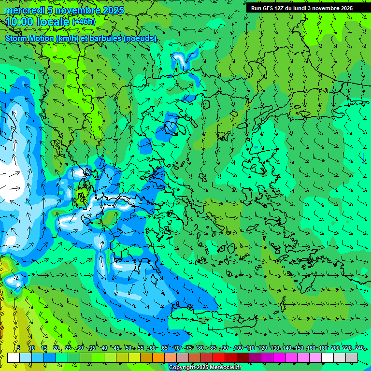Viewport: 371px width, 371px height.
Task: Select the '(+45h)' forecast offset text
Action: point(84,22)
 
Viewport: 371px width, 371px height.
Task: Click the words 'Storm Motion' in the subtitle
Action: point(29,38)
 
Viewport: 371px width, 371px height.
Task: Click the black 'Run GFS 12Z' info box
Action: point(301,8)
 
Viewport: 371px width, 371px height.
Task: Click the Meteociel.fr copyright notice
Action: point(205,368)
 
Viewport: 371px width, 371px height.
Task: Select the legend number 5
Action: point(18,348)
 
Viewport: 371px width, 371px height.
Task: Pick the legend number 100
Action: point(238,348)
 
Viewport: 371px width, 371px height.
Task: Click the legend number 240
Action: point(359,348)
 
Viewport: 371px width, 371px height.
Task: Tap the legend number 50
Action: point(128,348)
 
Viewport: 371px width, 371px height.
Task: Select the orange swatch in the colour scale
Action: point(159,357)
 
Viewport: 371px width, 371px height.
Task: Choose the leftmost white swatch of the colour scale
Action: point(14,357)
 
